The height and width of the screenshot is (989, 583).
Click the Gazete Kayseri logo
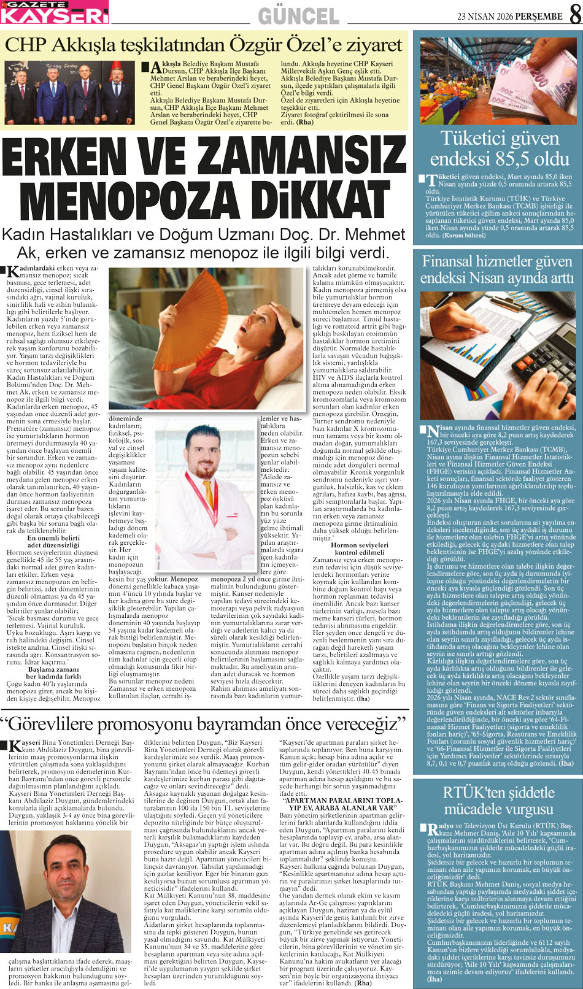pos(54,12)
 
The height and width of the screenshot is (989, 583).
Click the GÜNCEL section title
pos(298,16)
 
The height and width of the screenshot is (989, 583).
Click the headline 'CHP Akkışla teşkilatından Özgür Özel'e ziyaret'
pos(203,45)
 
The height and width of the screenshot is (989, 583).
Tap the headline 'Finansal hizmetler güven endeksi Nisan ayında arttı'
pos(497,269)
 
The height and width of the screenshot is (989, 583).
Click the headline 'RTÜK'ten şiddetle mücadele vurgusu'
pos(498,800)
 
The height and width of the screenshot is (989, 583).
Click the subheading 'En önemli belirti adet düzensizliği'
pos(54,542)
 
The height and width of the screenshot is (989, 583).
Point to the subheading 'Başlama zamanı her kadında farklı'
pos(53,673)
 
